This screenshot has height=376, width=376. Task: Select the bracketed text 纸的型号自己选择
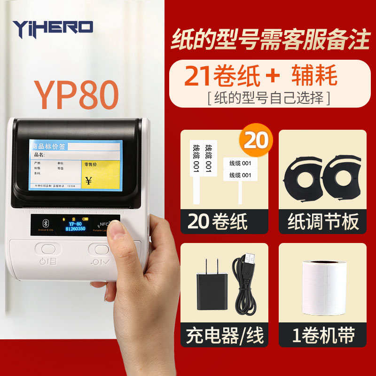268,98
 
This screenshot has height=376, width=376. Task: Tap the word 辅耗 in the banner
314,76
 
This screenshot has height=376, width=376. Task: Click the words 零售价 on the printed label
90,164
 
